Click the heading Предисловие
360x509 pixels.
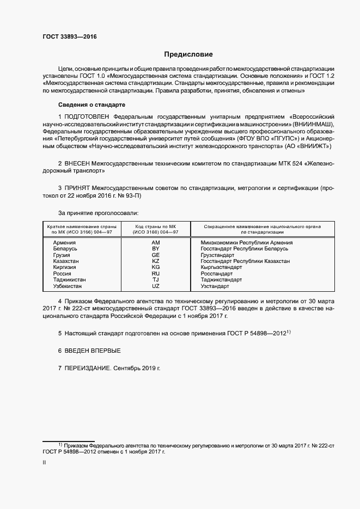tap(188, 54)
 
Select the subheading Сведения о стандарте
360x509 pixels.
tap(92, 105)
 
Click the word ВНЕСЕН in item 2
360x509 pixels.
tap(78, 163)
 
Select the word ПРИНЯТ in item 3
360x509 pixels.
tap(78, 188)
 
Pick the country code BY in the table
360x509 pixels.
tap(156, 249)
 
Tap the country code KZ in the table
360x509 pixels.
tap(156, 261)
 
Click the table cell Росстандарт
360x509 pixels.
tap(217, 274)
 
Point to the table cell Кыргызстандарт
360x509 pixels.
tap(221, 268)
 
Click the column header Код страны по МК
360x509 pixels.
tap(156, 226)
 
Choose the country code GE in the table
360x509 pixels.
tap(156, 255)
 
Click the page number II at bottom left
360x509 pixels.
tap(44, 463)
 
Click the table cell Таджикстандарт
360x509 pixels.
tap(221, 280)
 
